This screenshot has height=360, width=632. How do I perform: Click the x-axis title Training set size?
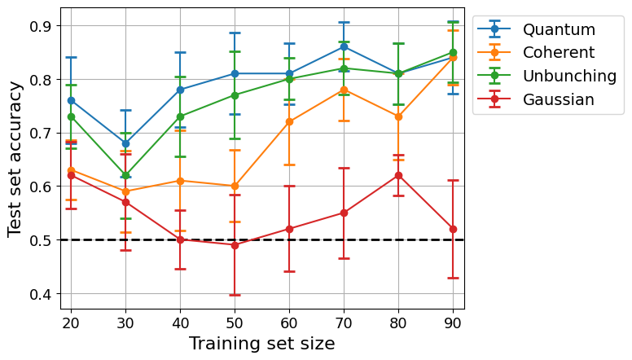point(262,344)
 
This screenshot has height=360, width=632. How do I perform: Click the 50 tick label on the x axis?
point(235,319)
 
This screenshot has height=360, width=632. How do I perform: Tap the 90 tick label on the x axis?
point(453,319)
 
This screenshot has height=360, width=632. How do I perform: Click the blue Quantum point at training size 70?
point(344,46)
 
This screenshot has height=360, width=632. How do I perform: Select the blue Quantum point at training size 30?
point(125,143)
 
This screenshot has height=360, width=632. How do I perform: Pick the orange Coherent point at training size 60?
point(289,121)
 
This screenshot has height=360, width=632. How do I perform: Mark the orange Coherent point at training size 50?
point(235,186)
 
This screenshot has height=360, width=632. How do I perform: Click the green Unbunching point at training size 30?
point(125,175)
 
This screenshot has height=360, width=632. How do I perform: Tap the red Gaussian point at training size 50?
point(235,245)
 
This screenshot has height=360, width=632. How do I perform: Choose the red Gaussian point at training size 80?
point(398,175)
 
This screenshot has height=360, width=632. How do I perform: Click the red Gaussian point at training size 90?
point(453,229)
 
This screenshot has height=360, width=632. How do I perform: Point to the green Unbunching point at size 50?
point(235,95)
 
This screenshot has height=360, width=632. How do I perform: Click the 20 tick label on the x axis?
point(71,319)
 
